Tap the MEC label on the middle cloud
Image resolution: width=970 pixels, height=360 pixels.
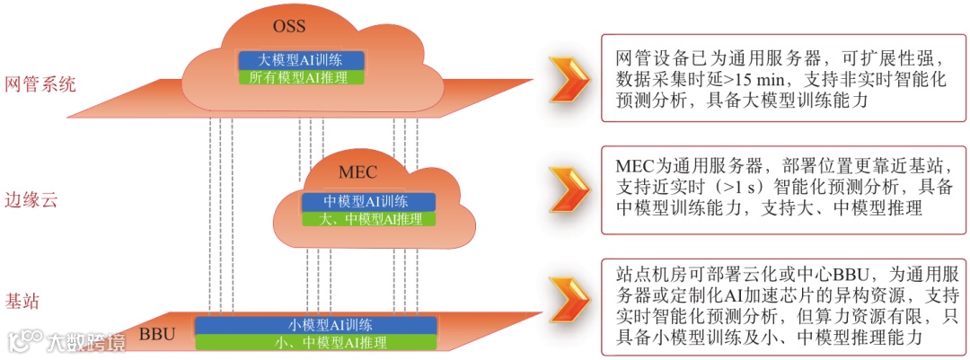(357, 172)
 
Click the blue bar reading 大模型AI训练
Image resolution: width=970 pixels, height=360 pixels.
(301, 60)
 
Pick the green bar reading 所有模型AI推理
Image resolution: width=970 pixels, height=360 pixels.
(301, 77)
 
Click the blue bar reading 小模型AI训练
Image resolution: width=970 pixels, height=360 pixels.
(316, 324)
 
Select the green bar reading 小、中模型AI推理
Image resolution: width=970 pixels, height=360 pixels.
(316, 342)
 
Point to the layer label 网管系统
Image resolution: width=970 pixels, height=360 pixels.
(40, 84)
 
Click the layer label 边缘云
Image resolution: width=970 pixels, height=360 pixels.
(31, 199)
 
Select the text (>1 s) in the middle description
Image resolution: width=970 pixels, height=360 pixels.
(757, 189)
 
